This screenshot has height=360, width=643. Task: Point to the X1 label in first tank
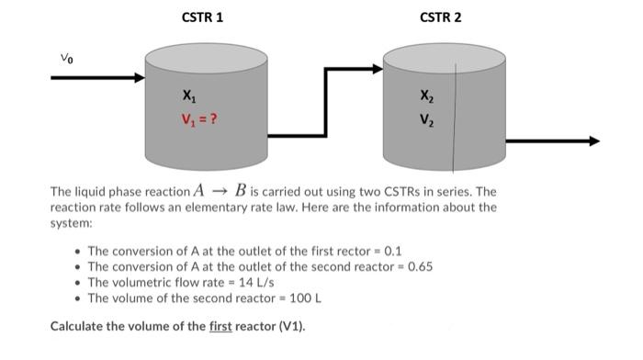pyautogui.click(x=188, y=96)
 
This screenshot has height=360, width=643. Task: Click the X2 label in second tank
pyautogui.click(x=423, y=96)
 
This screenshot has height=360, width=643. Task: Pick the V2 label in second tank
pyautogui.click(x=423, y=118)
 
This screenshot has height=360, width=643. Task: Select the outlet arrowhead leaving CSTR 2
pyautogui.click(x=592, y=141)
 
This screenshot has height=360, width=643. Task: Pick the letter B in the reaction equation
pyautogui.click(x=241, y=191)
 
